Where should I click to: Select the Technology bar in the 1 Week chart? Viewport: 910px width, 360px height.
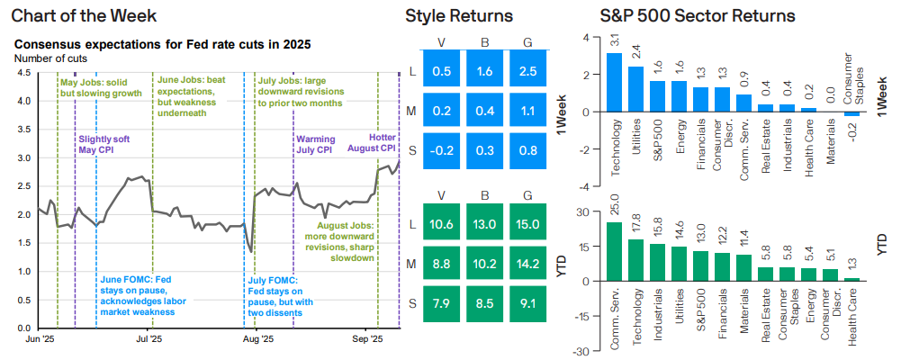coord(614,82)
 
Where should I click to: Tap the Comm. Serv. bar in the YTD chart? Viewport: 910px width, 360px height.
coord(614,251)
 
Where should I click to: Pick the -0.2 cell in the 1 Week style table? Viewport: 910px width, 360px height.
coord(442,148)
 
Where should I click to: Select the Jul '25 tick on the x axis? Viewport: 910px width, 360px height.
coord(148,339)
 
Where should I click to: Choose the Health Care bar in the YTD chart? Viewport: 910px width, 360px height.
coord(851,279)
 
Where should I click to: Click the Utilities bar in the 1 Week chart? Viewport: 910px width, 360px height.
coord(635,89)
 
